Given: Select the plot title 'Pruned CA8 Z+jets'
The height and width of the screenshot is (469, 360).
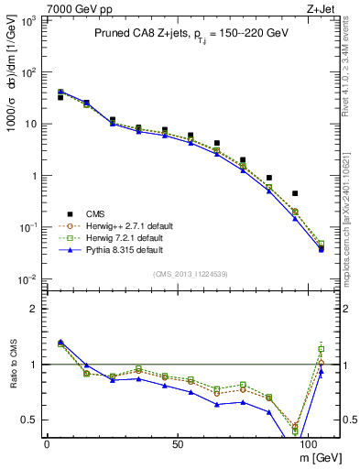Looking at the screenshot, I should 138,34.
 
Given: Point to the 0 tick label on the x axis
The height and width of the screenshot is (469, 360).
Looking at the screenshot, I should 47,443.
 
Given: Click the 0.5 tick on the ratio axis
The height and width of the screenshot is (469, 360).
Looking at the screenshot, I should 29,420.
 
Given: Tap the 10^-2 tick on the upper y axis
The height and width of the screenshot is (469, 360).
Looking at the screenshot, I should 27,279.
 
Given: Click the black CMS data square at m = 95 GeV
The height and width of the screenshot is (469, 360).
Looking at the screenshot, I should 295,193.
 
